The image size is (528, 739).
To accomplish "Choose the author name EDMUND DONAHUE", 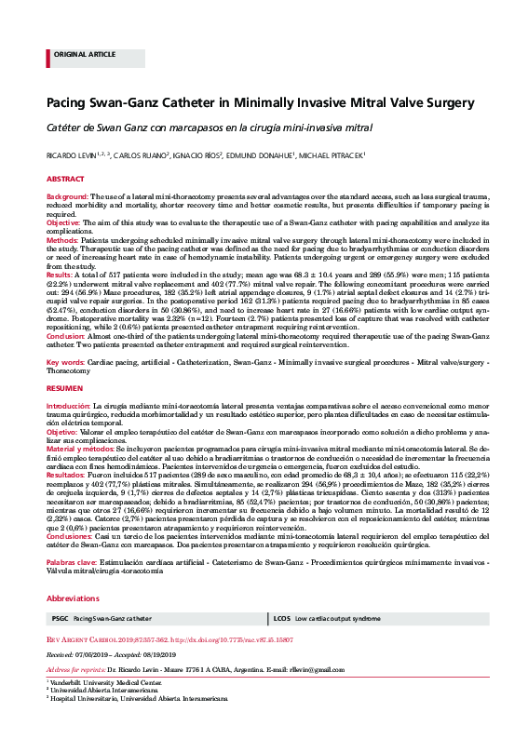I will point(262,155).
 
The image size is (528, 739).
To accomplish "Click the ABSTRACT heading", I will point(65,177).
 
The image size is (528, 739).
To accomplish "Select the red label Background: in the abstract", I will point(67,198).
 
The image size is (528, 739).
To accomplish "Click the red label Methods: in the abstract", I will point(63,239).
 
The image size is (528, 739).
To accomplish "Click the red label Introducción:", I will point(69,407).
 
